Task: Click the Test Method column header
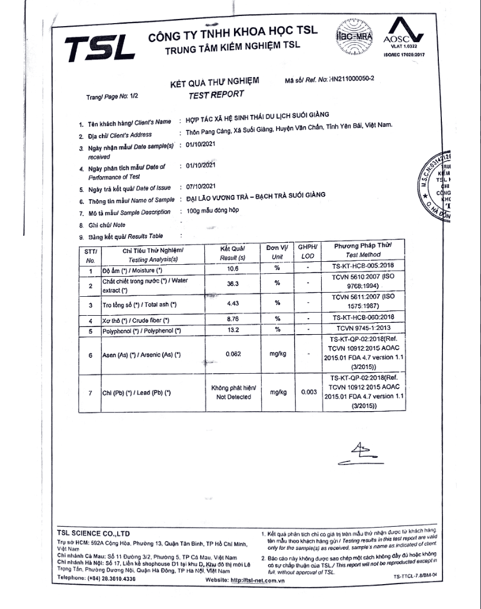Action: (x=364, y=249)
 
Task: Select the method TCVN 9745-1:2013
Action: (x=364, y=331)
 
